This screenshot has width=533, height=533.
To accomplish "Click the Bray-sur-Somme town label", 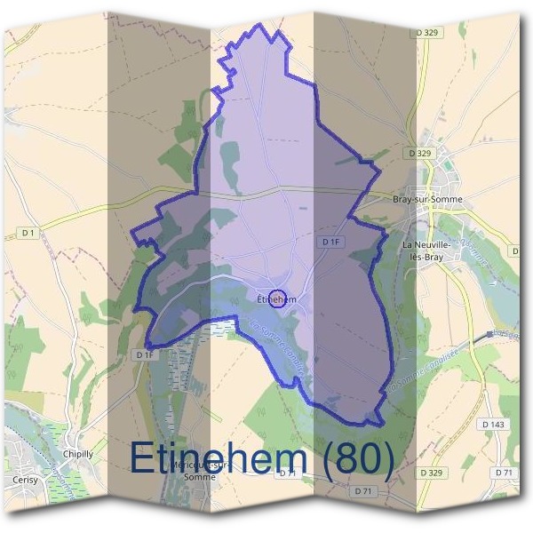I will pos(425,200).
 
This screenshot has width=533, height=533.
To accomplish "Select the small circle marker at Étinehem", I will pos(276,297).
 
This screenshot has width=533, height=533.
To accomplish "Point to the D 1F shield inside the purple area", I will pos(331,242).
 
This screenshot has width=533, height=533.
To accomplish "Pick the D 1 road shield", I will pos(29,233).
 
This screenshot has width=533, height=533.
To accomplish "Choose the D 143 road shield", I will pos(496,425).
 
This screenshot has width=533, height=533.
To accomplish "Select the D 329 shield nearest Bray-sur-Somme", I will pos(420,154).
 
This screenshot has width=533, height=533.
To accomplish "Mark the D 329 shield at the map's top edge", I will pos(427,32).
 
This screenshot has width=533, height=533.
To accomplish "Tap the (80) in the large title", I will pos(357,457).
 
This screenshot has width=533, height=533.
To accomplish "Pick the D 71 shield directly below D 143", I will pos(504,472).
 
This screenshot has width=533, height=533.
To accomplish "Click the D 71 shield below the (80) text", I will pos(362,491).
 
